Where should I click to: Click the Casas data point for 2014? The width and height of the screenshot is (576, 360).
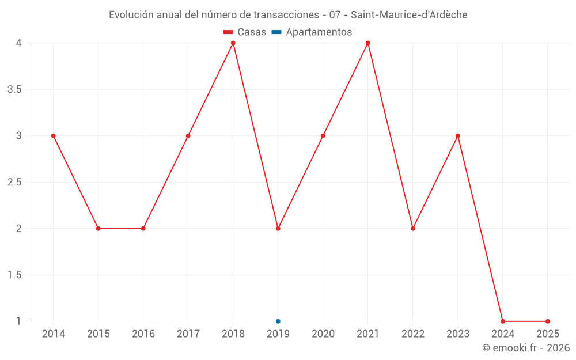53,136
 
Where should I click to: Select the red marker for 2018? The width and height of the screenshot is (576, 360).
233,43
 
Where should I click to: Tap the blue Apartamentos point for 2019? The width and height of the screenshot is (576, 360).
278,321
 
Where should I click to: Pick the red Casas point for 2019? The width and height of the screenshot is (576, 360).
278,229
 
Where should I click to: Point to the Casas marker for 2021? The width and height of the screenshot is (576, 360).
367,43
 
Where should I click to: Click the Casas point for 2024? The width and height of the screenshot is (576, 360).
502,321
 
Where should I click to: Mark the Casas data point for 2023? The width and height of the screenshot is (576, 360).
457,136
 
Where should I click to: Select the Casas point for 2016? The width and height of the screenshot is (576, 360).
143,229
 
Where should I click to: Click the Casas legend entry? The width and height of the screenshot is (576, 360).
245,32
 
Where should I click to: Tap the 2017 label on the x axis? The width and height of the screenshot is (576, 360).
188,334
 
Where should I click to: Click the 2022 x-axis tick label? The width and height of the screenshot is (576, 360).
412,334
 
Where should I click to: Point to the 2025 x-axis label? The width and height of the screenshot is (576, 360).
547,334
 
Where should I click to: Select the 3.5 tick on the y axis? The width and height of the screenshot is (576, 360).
14,90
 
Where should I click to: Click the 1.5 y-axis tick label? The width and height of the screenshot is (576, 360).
14,275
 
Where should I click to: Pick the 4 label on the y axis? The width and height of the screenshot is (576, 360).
19,43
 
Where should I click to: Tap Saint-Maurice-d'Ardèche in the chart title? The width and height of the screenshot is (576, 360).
409,15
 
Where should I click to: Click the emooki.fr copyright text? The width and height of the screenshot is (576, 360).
525,348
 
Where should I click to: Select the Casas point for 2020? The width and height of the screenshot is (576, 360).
323,136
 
